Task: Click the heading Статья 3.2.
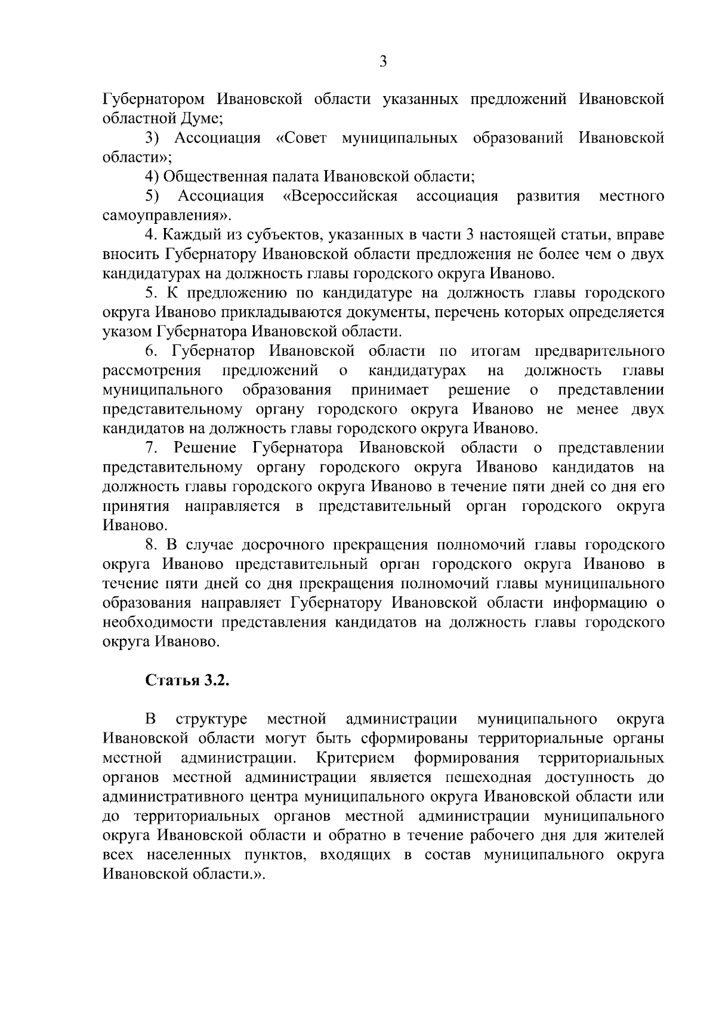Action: tap(187, 681)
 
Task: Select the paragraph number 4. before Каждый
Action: tap(149, 235)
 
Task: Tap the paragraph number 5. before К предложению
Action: tap(149, 293)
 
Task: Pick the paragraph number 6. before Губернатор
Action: tap(149, 352)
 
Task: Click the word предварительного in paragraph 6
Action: tap(599, 352)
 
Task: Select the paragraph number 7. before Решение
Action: tap(149, 448)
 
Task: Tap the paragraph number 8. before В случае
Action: tap(149, 545)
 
